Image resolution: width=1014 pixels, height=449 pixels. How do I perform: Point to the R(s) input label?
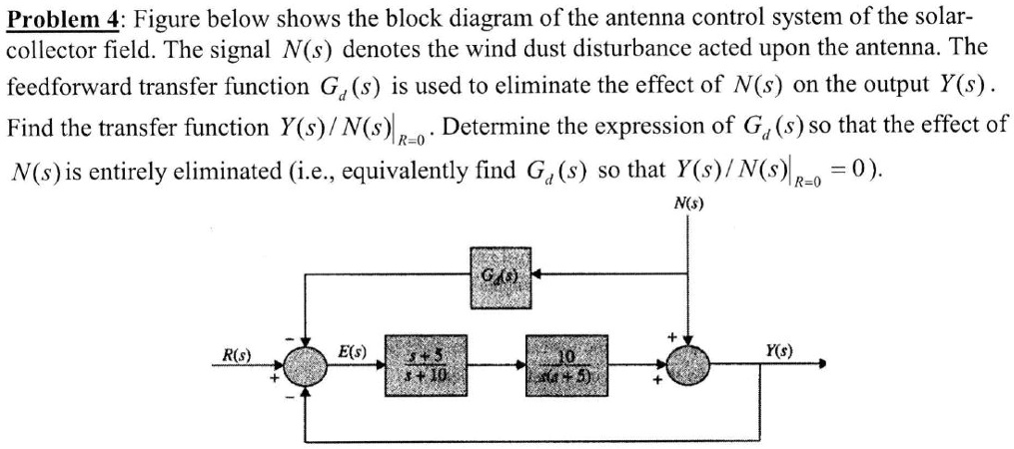(237, 352)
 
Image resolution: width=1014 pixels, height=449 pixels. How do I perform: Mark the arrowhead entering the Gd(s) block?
(535, 271)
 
